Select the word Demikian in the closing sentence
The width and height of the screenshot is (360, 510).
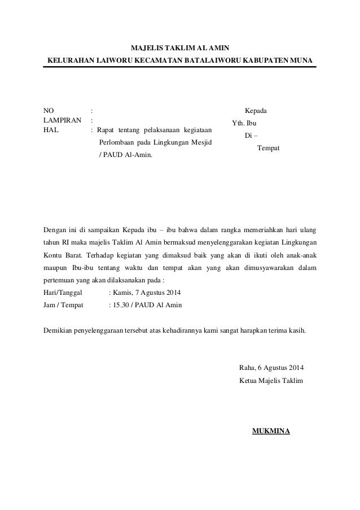point(59,330)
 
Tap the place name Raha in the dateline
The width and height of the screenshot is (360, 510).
point(247,369)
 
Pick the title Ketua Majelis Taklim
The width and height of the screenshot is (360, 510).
point(271,381)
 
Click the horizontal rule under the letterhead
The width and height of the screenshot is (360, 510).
point(180,67)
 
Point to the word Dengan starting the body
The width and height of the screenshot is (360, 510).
point(55,230)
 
